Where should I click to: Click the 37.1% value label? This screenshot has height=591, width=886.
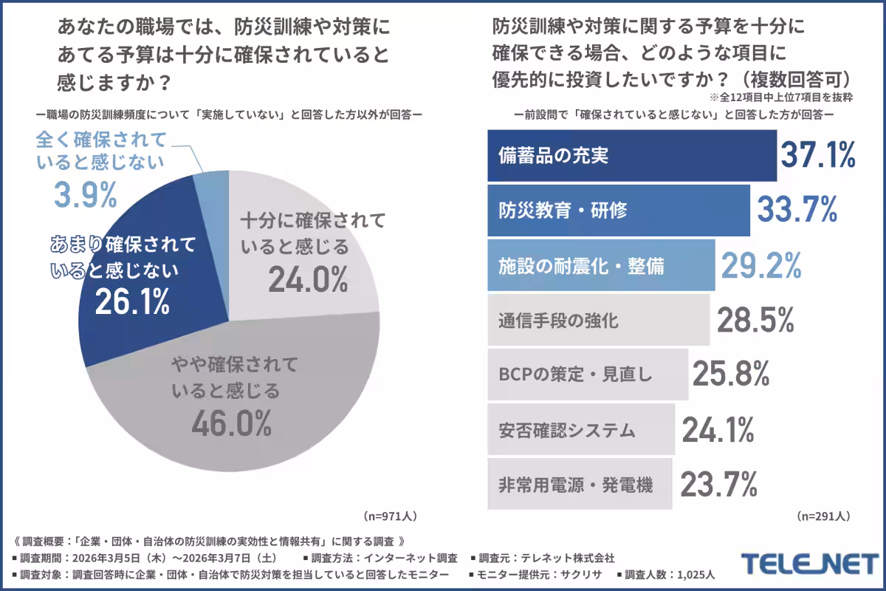[x=818, y=156]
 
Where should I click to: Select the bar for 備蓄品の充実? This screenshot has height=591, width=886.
[x=632, y=156]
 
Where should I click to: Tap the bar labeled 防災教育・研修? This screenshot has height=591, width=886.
[x=619, y=211]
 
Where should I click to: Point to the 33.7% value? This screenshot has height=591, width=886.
[x=797, y=211]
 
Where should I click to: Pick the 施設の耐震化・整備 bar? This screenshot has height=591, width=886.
[x=601, y=265]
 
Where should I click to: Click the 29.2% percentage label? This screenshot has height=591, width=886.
[x=762, y=265]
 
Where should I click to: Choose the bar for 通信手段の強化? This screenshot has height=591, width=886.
[x=598, y=321]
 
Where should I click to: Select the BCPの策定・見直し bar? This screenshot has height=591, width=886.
[x=588, y=375]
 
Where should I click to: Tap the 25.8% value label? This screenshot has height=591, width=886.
[x=731, y=375]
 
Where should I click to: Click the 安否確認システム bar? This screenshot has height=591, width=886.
[x=581, y=429]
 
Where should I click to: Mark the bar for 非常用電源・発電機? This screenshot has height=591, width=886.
[x=580, y=484]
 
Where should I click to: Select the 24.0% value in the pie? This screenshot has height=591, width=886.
[x=307, y=279]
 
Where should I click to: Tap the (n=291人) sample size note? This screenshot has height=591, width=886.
[x=823, y=515]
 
